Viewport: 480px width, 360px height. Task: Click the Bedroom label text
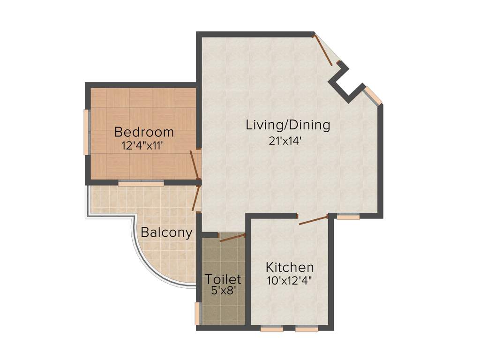pyautogui.click(x=144, y=132)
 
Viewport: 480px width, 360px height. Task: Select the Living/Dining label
pyautogui.click(x=288, y=125)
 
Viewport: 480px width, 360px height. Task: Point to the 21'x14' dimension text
pyautogui.click(x=288, y=141)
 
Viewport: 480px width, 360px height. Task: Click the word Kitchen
pyautogui.click(x=290, y=268)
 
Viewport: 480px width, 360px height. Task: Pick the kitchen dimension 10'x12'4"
pyautogui.click(x=290, y=281)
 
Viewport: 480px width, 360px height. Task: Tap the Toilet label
pyautogui.click(x=223, y=280)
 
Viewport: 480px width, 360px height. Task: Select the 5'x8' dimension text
pyautogui.click(x=223, y=291)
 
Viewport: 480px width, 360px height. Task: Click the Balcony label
pyautogui.click(x=167, y=232)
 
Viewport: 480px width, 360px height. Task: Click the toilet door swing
pyautogui.click(x=232, y=238)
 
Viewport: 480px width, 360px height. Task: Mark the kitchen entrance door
pyautogui.click(x=313, y=220)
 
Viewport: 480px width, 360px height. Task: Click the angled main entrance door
pyautogui.click(x=323, y=49)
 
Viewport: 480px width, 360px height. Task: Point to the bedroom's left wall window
pyautogui.click(x=86, y=132)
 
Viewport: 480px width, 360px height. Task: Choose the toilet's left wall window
pyautogui.click(x=197, y=314)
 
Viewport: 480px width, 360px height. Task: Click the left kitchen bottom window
pyautogui.click(x=272, y=329)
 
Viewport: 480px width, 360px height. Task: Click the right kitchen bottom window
pyautogui.click(x=307, y=329)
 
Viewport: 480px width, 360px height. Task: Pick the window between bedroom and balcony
pyautogui.click(x=141, y=183)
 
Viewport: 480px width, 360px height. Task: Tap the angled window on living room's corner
pyautogui.click(x=373, y=96)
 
